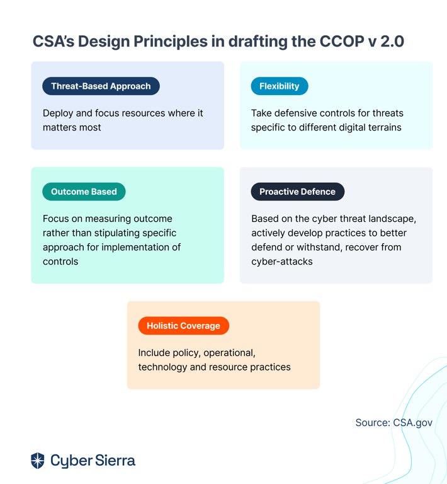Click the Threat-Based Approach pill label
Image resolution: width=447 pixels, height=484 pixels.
101,86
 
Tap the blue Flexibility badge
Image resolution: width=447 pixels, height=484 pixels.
280,86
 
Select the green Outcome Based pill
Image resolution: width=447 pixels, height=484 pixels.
84,192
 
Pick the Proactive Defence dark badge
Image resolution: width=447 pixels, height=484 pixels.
298,192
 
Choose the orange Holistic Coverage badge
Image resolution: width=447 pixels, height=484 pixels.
183,326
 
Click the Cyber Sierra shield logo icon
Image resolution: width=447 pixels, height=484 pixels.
38,461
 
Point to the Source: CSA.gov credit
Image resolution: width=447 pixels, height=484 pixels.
393,423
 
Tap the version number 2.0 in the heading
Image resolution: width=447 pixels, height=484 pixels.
392,42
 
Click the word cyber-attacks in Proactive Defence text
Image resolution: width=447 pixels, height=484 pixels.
282,262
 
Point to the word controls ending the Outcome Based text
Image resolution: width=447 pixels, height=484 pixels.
60,262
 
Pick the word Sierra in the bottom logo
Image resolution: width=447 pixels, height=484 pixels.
115,460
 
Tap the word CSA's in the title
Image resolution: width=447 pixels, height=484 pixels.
54,42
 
